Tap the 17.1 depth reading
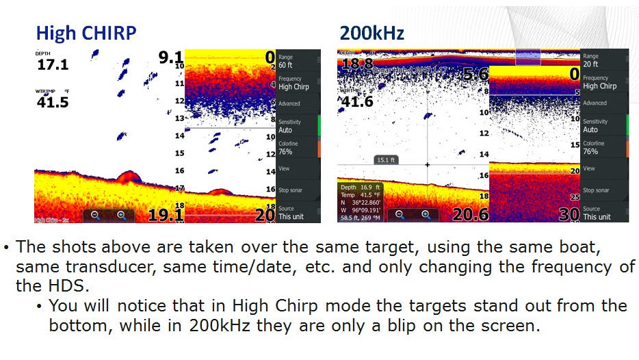52,64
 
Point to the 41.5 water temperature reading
52,102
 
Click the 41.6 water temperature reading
357,102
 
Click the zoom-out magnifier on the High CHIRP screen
95,215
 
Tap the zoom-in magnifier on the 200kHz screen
426,215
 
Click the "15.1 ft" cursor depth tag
387,159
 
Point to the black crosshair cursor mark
428,165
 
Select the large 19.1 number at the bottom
166,216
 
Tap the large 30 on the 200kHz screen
569,214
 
